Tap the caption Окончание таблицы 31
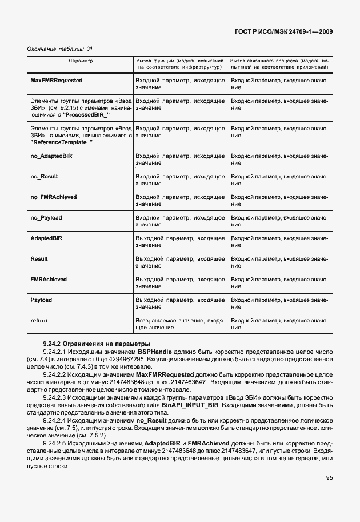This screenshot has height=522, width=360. (x=60, y=49)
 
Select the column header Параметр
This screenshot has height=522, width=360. (x=81, y=60)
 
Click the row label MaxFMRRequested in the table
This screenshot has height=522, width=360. (x=57, y=81)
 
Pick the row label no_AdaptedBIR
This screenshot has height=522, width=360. (x=51, y=156)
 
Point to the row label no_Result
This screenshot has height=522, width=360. (x=44, y=176)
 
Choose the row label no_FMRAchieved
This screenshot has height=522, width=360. (x=53, y=197)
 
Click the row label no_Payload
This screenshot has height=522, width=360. (x=46, y=217)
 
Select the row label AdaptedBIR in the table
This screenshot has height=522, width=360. (x=46, y=238)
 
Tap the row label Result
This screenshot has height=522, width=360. (x=39, y=258)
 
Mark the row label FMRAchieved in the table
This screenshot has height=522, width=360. (x=49, y=279)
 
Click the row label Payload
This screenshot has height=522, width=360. (x=41, y=300)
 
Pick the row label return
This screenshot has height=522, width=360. (x=39, y=321)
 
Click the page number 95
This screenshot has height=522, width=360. (x=330, y=477)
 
